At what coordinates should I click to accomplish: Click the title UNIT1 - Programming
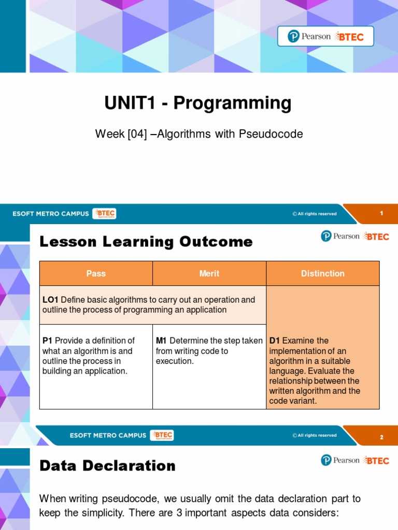pos(198,104)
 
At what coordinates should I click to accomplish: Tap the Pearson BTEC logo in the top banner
pos(325,36)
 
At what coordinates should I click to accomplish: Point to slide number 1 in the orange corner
pos(381,213)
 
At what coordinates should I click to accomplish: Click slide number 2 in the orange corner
pos(381,437)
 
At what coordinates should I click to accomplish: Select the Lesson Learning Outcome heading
pos(146,242)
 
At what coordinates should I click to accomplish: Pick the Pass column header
pos(96,273)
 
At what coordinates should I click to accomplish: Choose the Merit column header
pos(209,273)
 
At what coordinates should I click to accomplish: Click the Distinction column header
pos(322,273)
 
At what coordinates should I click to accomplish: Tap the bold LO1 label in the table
pos(50,300)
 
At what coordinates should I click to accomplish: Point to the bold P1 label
pos(48,341)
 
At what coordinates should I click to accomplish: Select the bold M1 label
pos(161,341)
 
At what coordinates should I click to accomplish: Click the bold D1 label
pos(275,341)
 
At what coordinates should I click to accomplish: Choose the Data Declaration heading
pos(108,466)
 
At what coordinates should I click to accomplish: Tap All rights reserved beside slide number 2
pos(315,435)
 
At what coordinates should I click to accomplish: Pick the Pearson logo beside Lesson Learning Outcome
pos(340,236)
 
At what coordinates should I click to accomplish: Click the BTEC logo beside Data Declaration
pos(377,460)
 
